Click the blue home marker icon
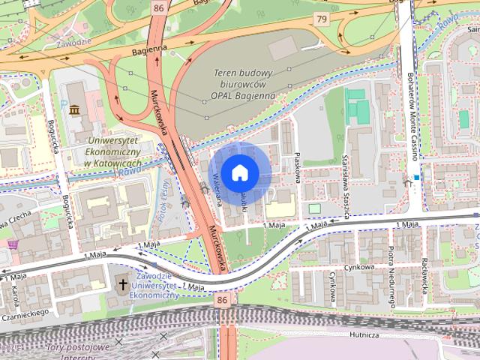[238, 172]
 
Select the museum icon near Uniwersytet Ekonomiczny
[74, 111]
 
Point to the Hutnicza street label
[364, 336]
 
